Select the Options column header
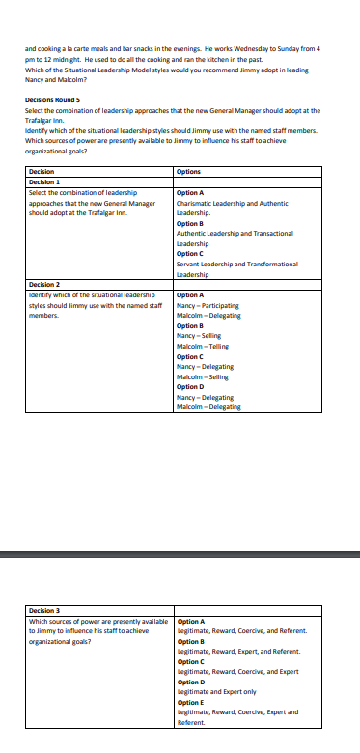pyautogui.click(x=189, y=171)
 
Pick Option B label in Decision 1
pyautogui.click(x=191, y=223)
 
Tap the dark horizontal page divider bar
pyautogui.click(x=180, y=554)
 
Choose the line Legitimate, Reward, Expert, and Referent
pyautogui.click(x=239, y=651)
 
